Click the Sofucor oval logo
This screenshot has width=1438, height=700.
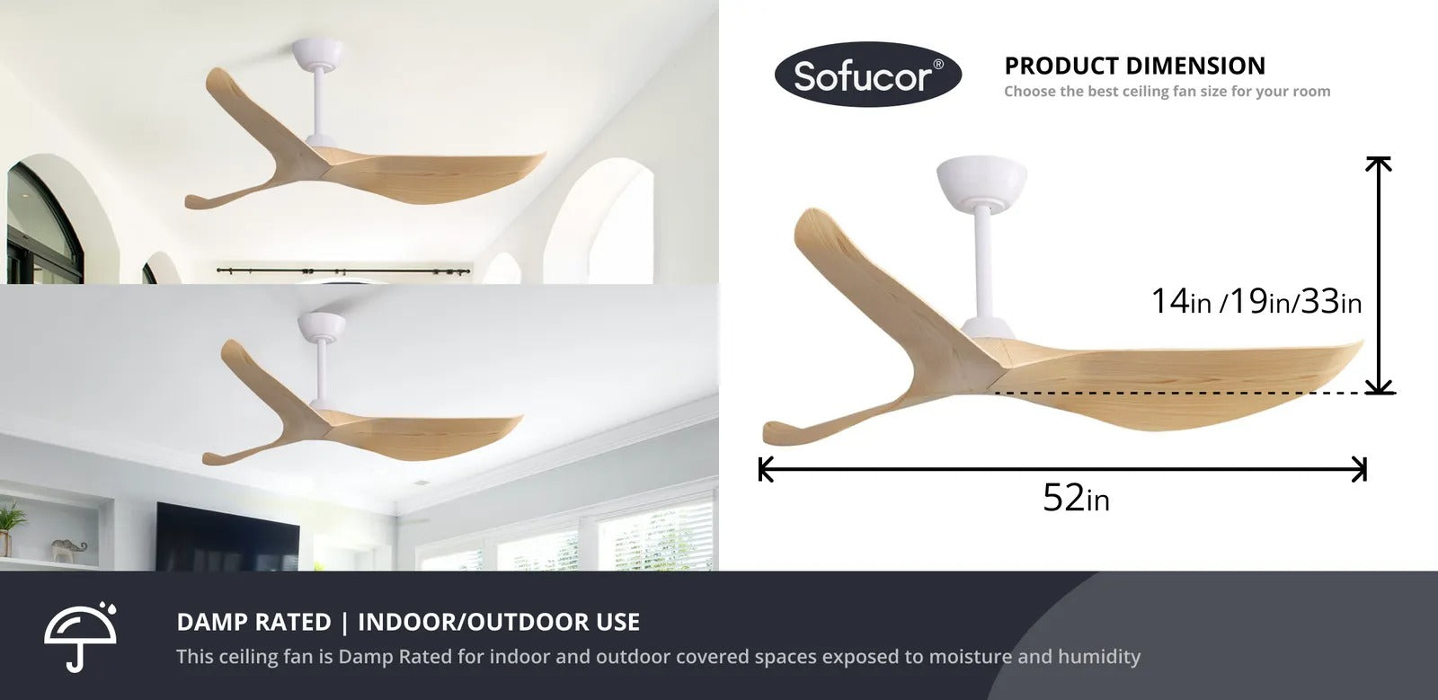[868, 75]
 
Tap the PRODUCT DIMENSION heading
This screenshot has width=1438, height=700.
[1134, 66]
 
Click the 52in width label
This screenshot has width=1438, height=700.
[1076, 497]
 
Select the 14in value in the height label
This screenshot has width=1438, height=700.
[1181, 301]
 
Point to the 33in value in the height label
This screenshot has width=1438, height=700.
[1331, 301]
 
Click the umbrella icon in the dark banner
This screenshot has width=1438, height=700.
[80, 636]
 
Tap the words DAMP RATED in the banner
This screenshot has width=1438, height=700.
[253, 622]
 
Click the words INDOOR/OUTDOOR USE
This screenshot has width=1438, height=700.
[499, 622]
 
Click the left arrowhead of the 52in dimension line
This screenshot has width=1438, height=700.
[765, 469]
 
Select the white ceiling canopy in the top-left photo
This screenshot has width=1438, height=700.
[317, 54]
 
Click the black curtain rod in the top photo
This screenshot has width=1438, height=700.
[343, 271]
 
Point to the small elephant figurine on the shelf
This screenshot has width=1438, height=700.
[68, 551]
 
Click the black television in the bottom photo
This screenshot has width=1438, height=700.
[227, 537]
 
